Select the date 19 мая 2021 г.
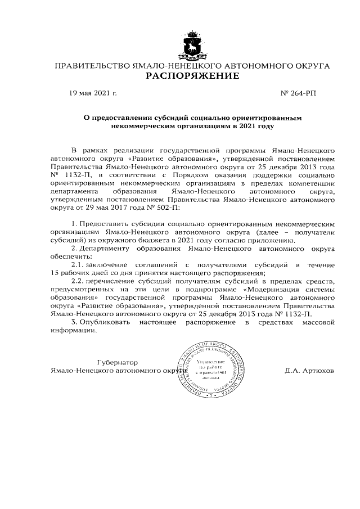click(93, 93)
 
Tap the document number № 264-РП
click(298, 93)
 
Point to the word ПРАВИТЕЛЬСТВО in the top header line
click(91, 66)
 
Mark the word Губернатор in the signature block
click(118, 362)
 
